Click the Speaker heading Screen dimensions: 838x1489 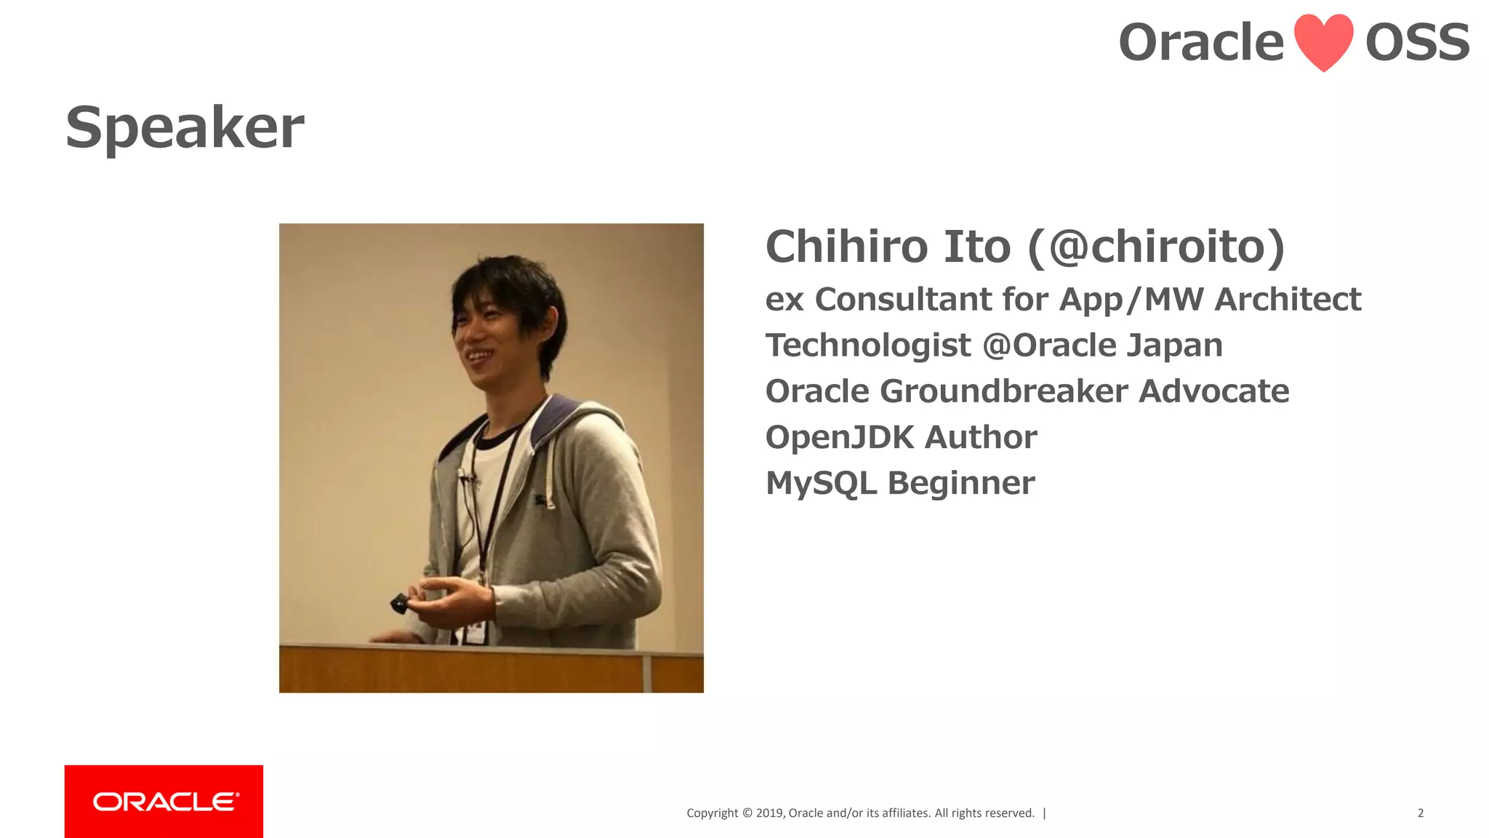coord(185,127)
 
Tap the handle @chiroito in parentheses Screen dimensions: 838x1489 coord(1157,247)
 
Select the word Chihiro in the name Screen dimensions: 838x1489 coord(847,247)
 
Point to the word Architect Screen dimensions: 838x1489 coord(1288,300)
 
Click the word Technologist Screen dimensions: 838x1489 coord(868,346)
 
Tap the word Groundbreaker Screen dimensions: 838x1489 coord(1004,391)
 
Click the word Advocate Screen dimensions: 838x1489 coord(1213,391)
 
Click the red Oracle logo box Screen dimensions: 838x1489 coord(164,801)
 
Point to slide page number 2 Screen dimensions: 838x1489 coord(1420,813)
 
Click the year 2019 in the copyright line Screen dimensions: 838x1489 coord(769,813)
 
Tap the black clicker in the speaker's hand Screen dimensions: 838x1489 coord(401,603)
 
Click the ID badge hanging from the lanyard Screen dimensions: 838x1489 coord(475,631)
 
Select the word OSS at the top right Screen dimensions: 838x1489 coord(1417,42)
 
